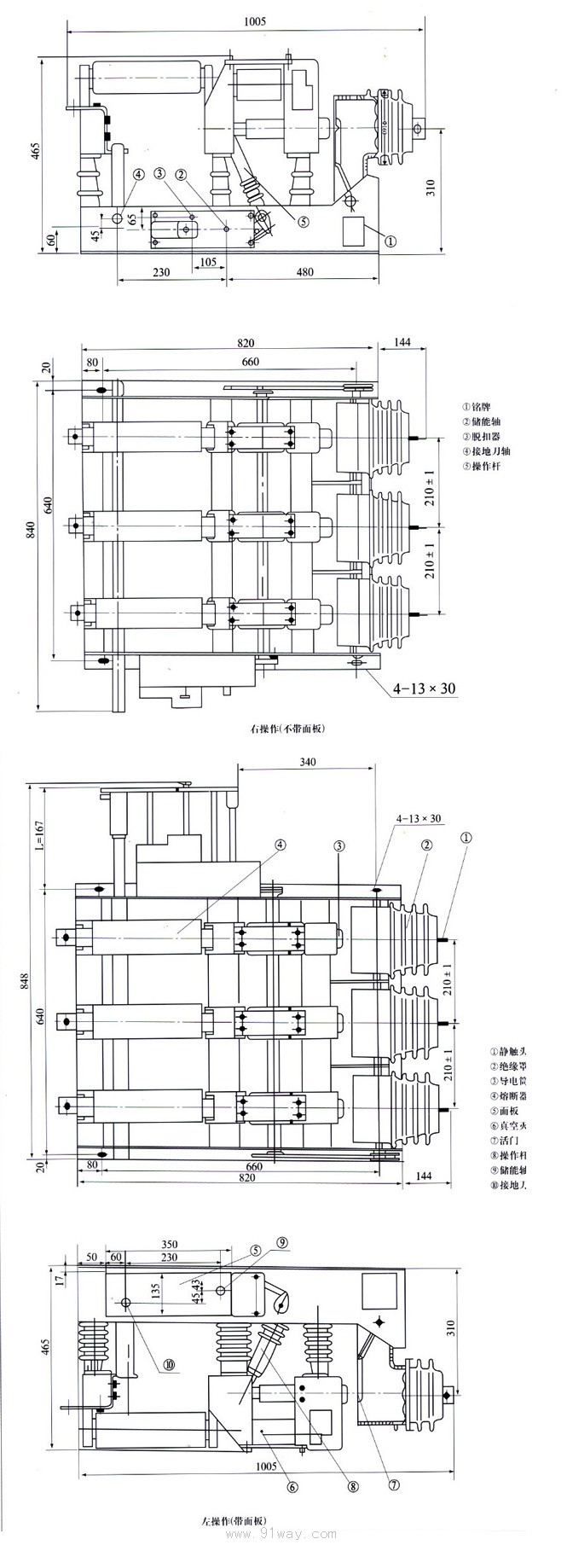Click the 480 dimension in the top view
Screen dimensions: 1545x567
click(x=305, y=272)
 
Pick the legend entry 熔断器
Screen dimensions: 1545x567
click(x=506, y=1095)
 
